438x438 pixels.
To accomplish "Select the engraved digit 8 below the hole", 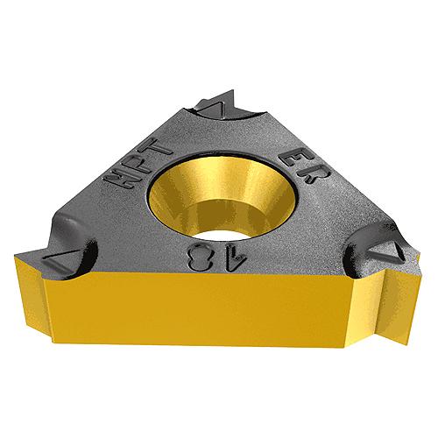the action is [x=200, y=258].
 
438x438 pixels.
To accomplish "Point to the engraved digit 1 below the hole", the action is [x=237, y=257].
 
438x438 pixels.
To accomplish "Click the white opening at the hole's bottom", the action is [x=222, y=234].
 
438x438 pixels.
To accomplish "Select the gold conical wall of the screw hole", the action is [x=223, y=193].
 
